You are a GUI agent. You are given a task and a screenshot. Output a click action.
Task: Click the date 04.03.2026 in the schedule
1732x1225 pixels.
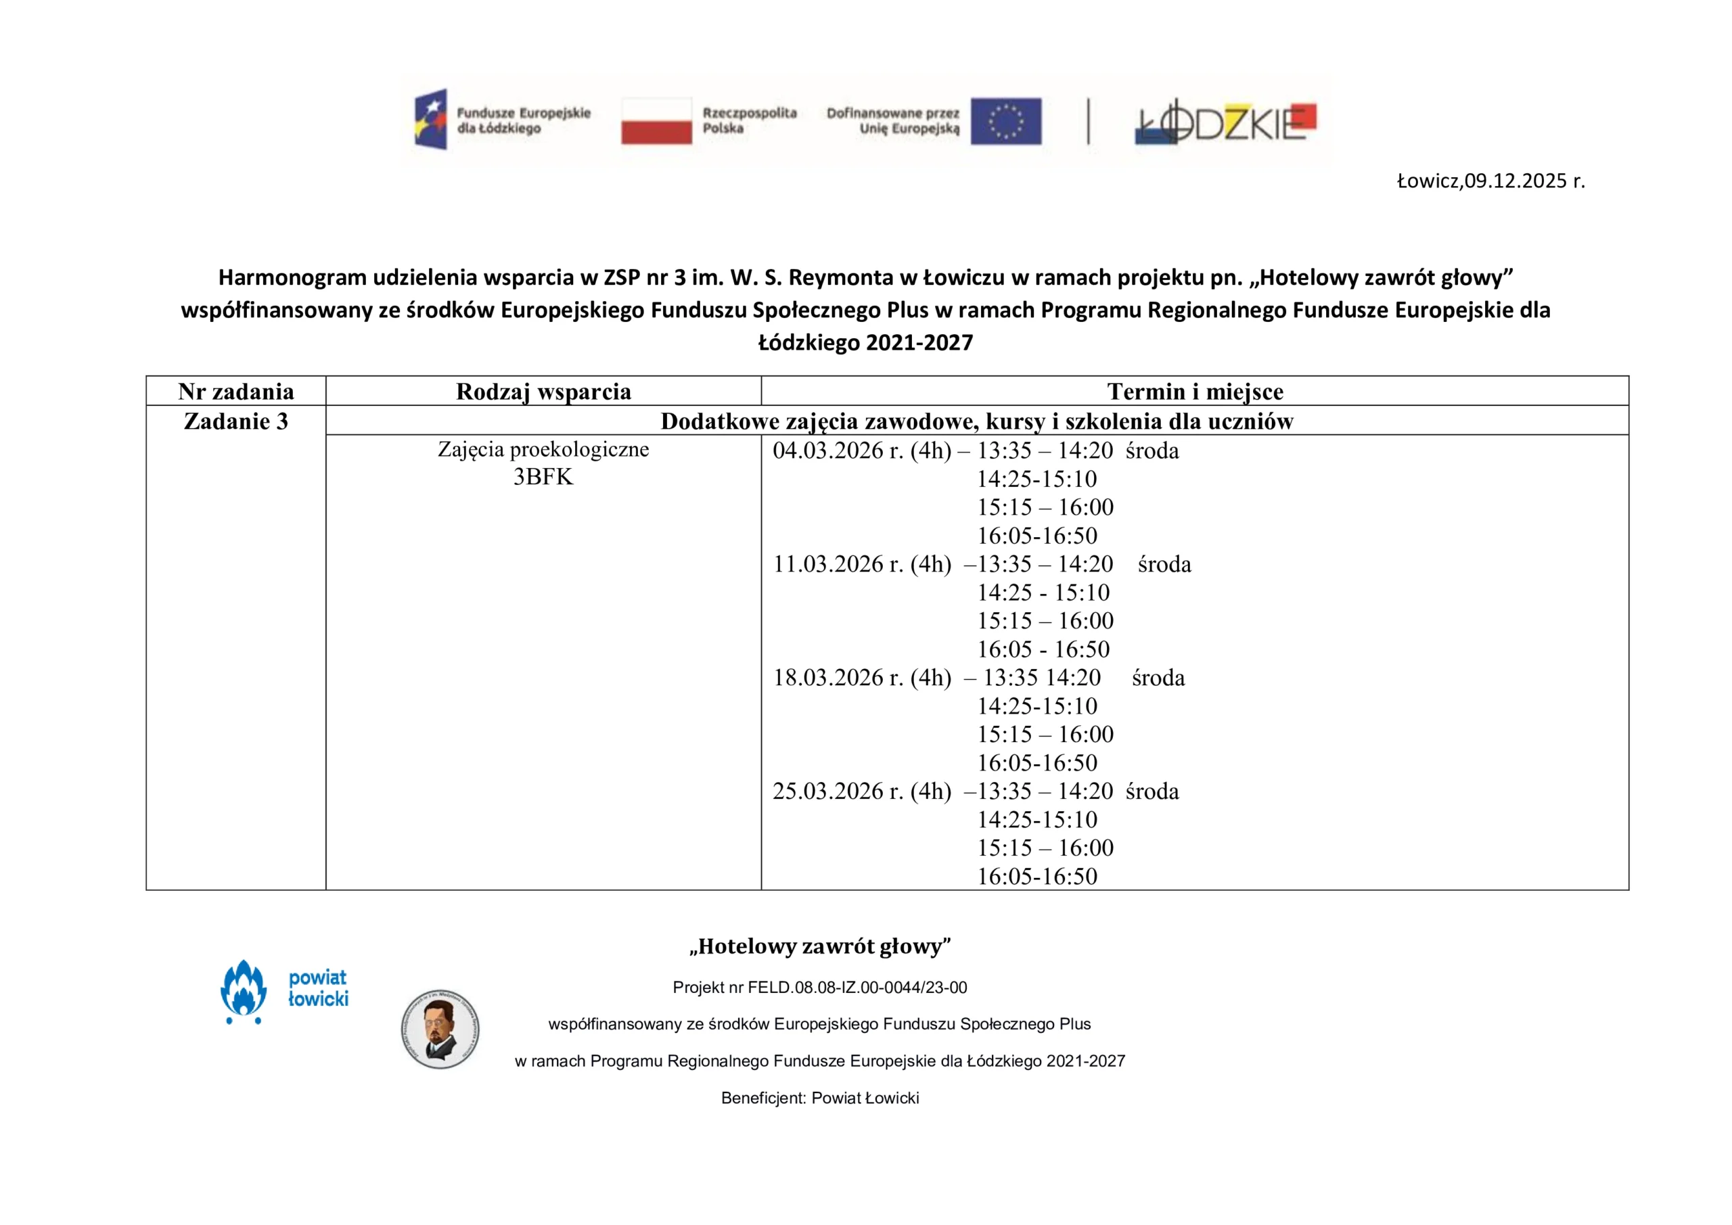[x=838, y=450]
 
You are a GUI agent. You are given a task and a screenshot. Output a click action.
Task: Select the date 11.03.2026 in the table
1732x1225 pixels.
[x=838, y=564]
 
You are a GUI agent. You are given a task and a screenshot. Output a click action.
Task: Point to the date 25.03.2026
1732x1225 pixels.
[x=838, y=791]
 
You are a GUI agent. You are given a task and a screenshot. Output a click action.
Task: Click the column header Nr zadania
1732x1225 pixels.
[x=235, y=392]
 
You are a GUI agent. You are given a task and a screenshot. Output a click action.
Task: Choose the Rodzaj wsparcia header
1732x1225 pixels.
[x=543, y=392]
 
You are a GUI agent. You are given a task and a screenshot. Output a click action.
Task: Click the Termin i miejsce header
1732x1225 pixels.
[x=1195, y=392]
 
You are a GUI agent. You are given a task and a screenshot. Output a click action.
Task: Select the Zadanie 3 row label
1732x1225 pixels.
[x=235, y=421]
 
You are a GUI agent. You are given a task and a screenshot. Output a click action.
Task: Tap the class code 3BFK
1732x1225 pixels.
[x=543, y=477]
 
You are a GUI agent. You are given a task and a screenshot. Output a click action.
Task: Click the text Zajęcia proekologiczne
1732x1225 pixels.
[x=543, y=450]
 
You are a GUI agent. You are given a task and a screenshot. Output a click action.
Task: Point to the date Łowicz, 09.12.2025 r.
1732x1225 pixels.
[x=1490, y=181]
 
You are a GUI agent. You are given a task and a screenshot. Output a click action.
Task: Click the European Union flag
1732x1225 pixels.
[x=1005, y=120]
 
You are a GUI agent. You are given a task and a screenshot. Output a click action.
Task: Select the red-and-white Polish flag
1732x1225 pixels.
[x=656, y=120]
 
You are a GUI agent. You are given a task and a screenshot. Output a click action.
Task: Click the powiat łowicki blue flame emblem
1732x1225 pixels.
[x=243, y=990]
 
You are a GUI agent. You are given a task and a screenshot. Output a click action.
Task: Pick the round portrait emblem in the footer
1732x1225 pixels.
[x=440, y=1029]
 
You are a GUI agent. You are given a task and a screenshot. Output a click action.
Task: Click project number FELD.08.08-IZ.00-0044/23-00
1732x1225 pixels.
[x=857, y=988]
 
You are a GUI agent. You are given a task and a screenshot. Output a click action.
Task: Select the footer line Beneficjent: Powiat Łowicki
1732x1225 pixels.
[x=820, y=1098]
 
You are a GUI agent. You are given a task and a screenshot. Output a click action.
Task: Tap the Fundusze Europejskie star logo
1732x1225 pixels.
[x=431, y=119]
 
